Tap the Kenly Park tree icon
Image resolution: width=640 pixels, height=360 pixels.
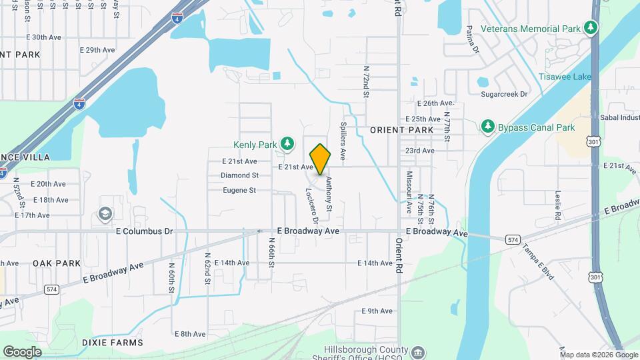click(287, 143)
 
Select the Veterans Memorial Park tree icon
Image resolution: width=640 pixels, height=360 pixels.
click(589, 27)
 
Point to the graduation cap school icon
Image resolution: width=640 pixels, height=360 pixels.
click(105, 213)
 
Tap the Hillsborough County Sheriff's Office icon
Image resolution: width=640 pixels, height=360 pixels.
click(417, 351)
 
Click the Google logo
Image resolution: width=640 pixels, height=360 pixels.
click(22, 352)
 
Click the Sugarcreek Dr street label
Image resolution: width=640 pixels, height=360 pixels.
click(505, 95)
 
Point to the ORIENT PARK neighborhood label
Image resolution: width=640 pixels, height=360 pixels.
click(402, 130)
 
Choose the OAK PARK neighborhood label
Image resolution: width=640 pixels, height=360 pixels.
click(57, 263)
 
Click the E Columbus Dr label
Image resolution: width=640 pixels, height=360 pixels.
click(144, 231)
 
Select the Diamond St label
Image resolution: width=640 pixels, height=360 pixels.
click(239, 175)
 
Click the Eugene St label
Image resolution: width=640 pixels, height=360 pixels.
click(239, 190)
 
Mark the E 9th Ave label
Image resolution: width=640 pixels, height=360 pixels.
click(377, 311)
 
